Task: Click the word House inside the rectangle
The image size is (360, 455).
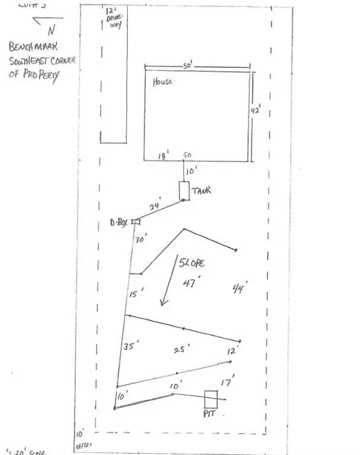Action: coord(163,82)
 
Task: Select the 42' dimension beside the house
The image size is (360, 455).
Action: coord(256,111)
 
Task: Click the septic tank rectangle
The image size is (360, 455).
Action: coord(184,191)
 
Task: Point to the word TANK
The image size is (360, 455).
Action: coord(202,191)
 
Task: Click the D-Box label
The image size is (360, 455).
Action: coord(119,223)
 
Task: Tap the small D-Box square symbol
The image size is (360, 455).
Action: coord(136,222)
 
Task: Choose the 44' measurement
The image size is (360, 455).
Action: coord(239,289)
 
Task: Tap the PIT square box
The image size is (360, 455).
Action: coord(211,400)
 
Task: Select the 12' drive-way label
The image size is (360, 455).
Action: coord(111,20)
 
